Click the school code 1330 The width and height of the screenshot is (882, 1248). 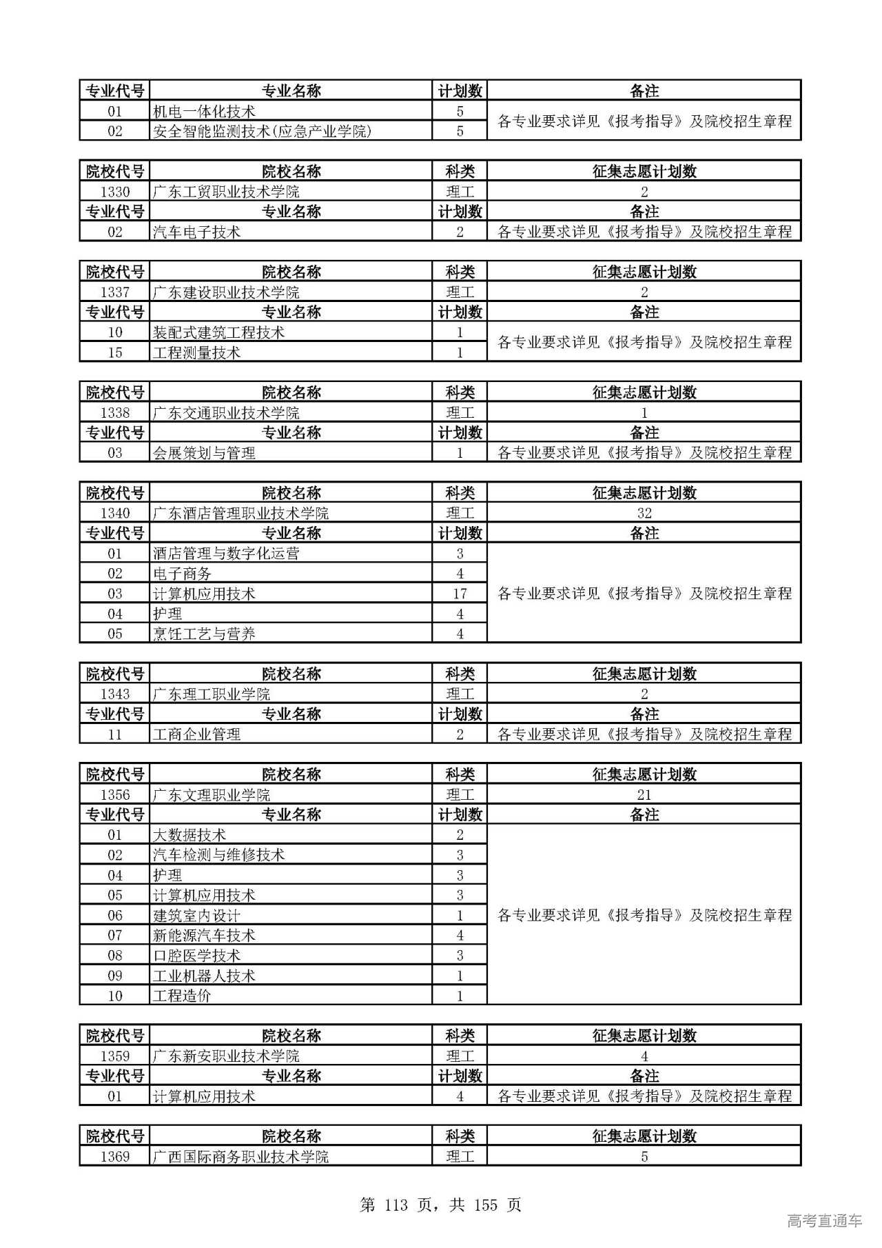pyautogui.click(x=114, y=192)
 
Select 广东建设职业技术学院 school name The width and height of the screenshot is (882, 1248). pyautogui.click(x=226, y=292)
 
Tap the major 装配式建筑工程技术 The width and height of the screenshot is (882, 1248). pyautogui.click(x=218, y=332)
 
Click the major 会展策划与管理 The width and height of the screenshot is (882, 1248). pyautogui.click(x=204, y=453)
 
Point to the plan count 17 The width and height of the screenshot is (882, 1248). pyautogui.click(x=460, y=594)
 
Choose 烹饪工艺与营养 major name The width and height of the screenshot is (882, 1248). pyautogui.click(x=204, y=634)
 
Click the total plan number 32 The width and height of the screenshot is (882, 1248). pyautogui.click(x=644, y=513)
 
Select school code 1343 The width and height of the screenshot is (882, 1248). pyautogui.click(x=114, y=694)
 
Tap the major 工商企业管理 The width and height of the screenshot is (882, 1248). pyautogui.click(x=196, y=734)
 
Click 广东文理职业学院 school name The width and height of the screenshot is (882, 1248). pyautogui.click(x=212, y=795)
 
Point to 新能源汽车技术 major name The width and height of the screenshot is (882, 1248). pyautogui.click(x=204, y=936)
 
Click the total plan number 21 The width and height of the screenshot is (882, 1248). pyautogui.click(x=644, y=795)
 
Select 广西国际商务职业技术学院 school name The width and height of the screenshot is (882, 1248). pyautogui.click(x=240, y=1156)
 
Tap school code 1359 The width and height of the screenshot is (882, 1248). pyautogui.click(x=114, y=1056)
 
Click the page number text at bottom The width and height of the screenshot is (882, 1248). pyautogui.click(x=441, y=1205)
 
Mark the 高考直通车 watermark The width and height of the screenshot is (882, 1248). pyautogui.click(x=824, y=1221)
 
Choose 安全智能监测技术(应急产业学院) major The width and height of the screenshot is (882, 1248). pyautogui.click(x=262, y=131)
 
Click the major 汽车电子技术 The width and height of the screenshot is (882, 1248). pyautogui.click(x=196, y=232)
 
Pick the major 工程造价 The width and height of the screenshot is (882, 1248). pyautogui.click(x=182, y=996)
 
